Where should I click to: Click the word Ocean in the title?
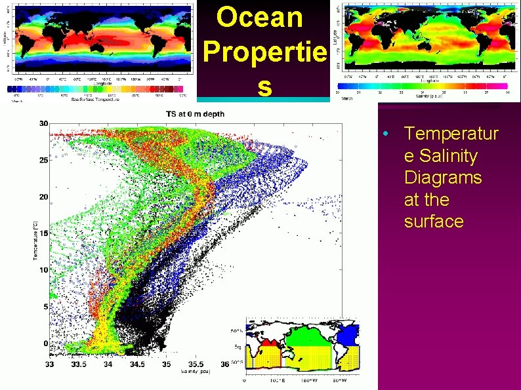(x=260, y=17)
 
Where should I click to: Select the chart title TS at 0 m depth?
(x=195, y=114)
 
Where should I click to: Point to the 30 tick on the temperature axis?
(x=43, y=123)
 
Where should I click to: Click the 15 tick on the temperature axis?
(x=43, y=233)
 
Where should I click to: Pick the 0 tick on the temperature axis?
(x=45, y=343)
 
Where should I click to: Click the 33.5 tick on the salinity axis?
(x=78, y=364)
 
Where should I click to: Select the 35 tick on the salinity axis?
(x=167, y=364)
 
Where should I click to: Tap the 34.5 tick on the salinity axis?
(x=137, y=364)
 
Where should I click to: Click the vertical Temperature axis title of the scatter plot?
(x=35, y=240)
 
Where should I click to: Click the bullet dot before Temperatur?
(x=387, y=134)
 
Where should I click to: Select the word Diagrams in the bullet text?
(x=443, y=178)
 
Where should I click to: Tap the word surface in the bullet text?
(x=434, y=221)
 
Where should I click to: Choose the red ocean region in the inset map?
(x=269, y=341)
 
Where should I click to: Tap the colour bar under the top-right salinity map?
(x=423, y=86)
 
